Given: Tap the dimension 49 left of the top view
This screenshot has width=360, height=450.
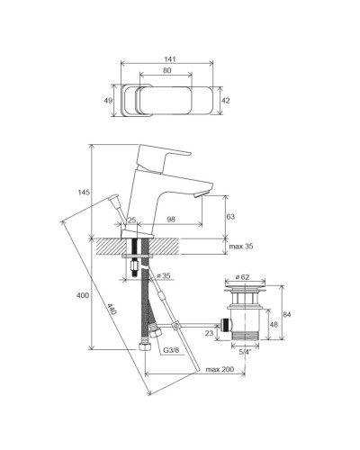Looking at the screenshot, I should click(109, 102).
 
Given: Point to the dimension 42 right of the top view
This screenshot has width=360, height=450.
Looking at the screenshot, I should click(226, 102).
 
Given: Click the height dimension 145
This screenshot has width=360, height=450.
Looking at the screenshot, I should click(84, 193).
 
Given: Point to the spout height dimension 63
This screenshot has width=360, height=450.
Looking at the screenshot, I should click(230, 216).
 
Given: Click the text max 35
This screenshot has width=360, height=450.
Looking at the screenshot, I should click(240, 246).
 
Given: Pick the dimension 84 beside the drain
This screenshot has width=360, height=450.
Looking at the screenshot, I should click(287, 314).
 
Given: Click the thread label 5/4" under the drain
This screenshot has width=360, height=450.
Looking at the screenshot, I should click(245, 355).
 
